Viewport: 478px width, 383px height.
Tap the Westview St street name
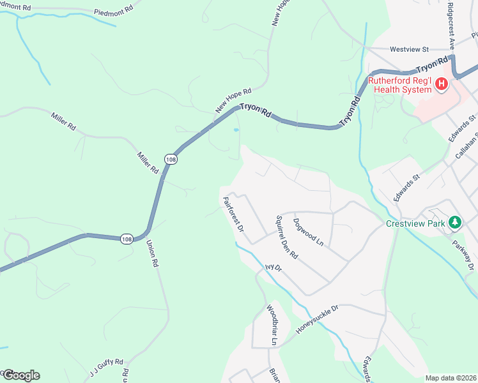(409, 49)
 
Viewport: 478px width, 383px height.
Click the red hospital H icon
(442, 84)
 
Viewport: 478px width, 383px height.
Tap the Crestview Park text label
(415, 223)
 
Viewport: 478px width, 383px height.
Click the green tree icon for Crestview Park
(454, 222)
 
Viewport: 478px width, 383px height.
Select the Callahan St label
(466, 146)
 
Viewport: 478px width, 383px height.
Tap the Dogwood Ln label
(309, 233)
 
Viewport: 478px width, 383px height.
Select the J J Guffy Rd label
(106, 370)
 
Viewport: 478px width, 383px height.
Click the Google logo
(21, 375)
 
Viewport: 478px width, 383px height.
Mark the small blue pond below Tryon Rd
(236, 130)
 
